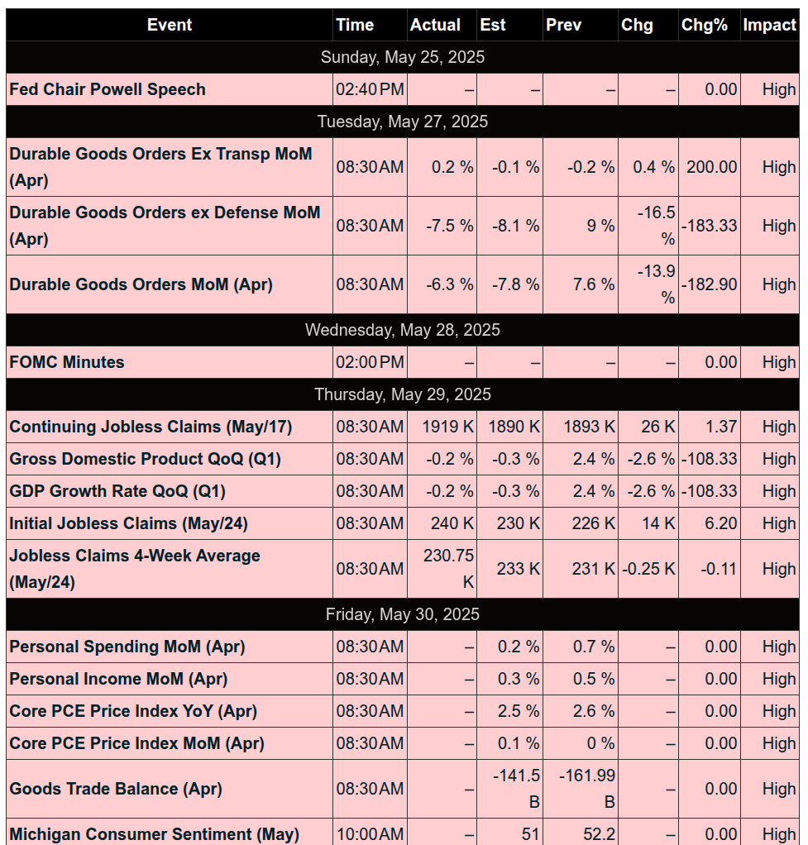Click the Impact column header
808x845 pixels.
coord(769,25)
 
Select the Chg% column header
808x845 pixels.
coord(704,25)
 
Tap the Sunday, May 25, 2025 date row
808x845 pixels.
coord(403,57)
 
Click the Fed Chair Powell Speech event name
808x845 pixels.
coord(108,89)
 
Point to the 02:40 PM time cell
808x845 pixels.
coord(370,89)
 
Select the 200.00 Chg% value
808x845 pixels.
coord(711,167)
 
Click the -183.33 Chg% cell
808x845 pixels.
coord(709,225)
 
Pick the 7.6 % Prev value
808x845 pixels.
coord(594,284)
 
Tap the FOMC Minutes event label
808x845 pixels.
coord(67,362)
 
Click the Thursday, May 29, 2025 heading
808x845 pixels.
coord(403,394)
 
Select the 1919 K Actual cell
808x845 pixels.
coord(448,427)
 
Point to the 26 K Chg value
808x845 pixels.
coord(657,427)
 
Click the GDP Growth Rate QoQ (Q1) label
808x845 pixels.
coord(117,491)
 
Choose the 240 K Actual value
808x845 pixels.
coord(452,523)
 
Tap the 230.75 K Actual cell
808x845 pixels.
coord(448,569)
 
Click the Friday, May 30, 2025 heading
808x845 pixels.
coord(403,614)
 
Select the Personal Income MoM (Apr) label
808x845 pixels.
coord(118,679)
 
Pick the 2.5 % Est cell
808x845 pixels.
coord(519,711)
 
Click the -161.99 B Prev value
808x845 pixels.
coord(587,789)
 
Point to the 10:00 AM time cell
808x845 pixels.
coord(370,834)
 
